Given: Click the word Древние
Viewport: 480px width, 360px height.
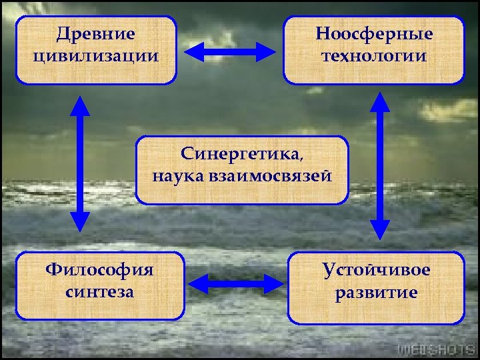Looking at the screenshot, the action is pyautogui.click(x=95, y=33).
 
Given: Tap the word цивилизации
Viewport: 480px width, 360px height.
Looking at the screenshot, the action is pyautogui.click(x=95, y=55).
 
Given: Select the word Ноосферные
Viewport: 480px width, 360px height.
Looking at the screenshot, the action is pyautogui.click(x=374, y=33).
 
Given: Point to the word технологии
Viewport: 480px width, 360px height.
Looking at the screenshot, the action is pyautogui.click(x=374, y=55).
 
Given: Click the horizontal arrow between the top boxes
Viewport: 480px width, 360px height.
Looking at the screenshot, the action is pyautogui.click(x=230, y=53).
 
